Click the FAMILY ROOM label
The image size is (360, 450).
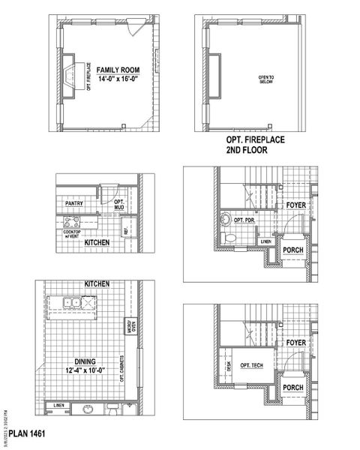point(111,69)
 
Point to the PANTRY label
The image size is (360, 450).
point(74,202)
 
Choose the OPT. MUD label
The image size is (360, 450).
point(118,203)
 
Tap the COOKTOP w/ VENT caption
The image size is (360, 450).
point(76,234)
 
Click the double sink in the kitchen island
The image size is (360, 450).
point(73,304)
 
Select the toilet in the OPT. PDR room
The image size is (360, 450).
point(232,238)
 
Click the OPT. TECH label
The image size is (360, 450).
point(250,366)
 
